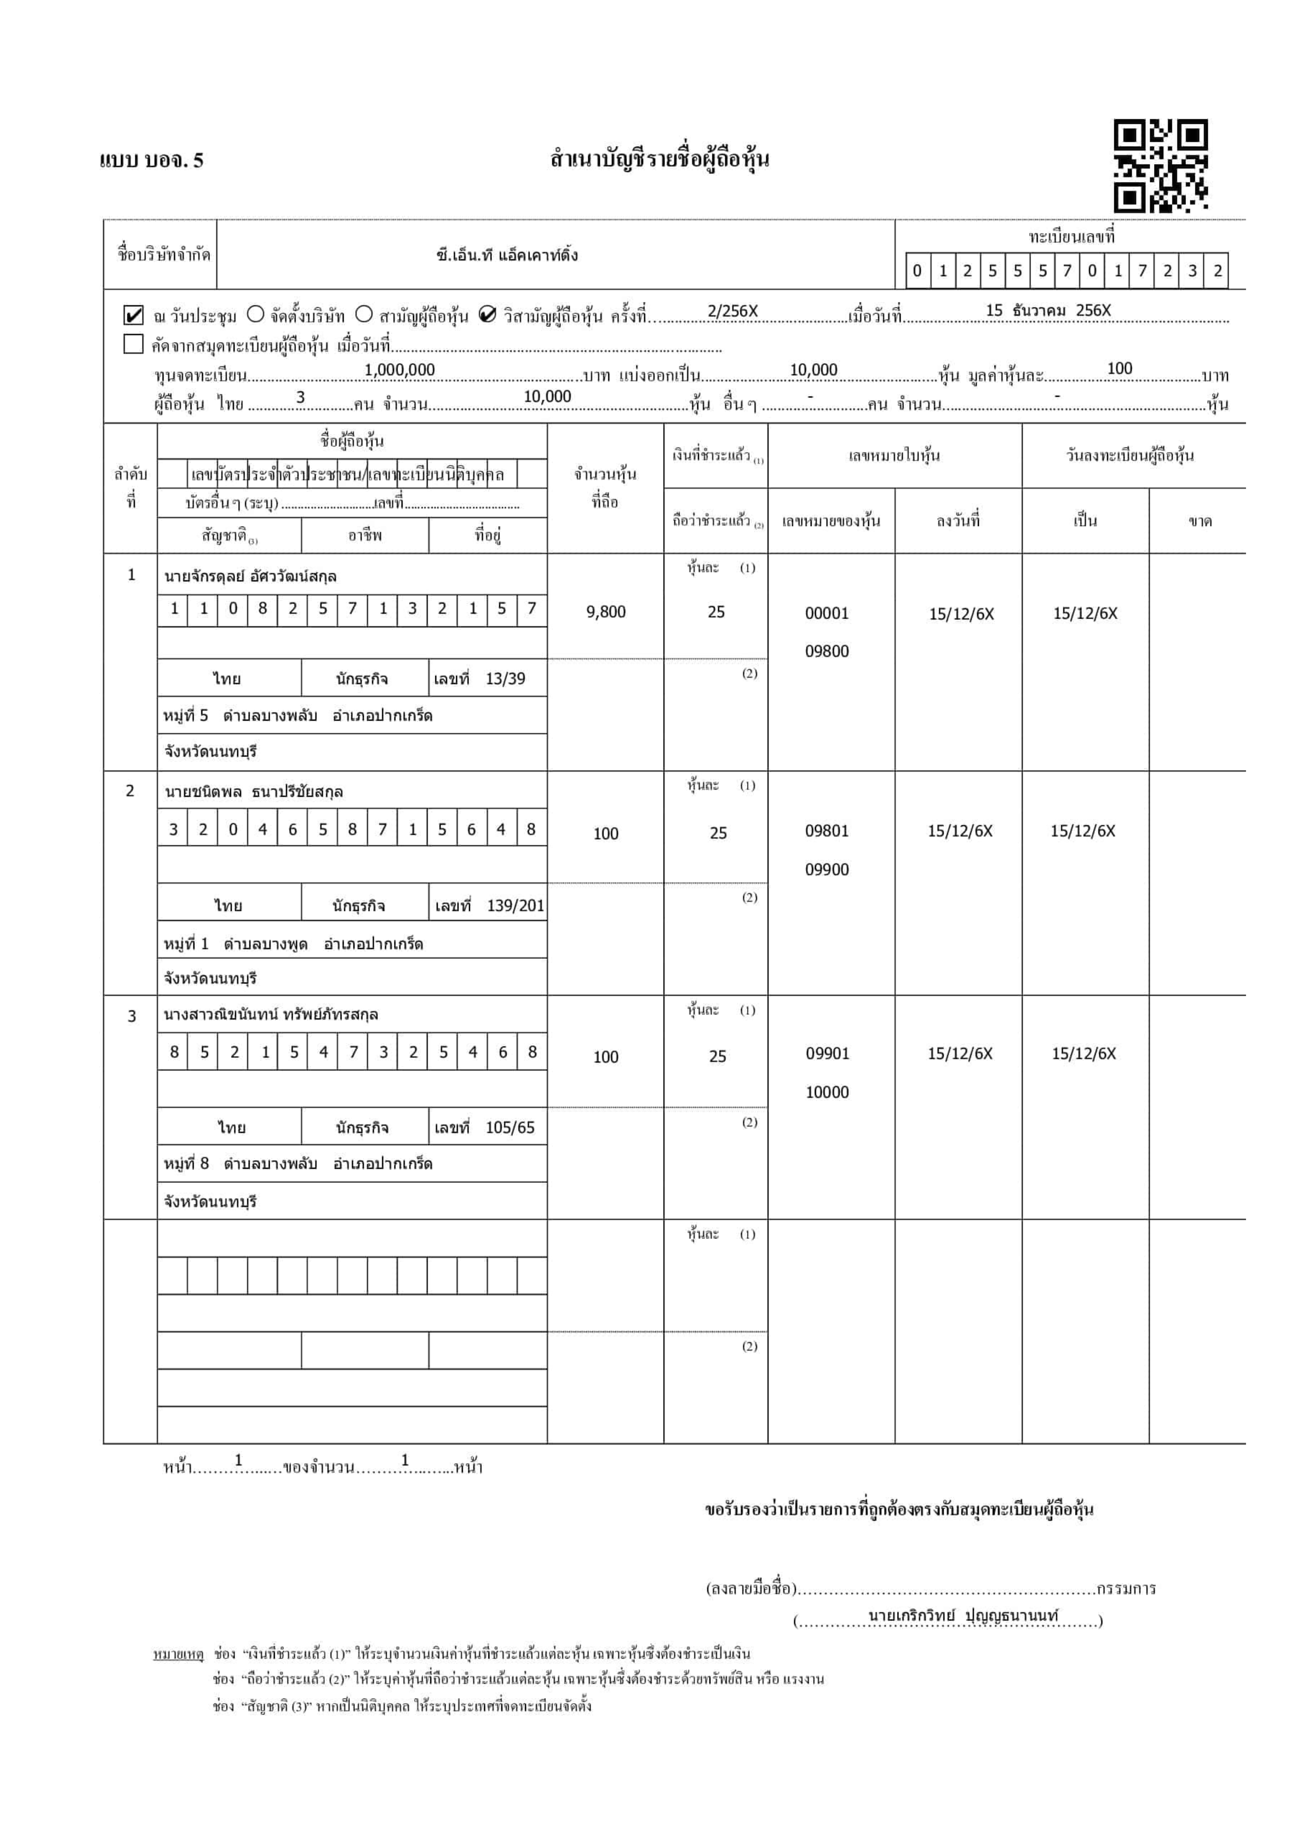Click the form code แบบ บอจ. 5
point(152,161)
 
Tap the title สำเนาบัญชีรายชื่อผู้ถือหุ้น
point(659,159)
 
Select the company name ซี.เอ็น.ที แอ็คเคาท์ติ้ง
point(507,256)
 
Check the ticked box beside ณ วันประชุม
point(133,314)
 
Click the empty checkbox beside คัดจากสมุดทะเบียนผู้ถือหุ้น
point(133,344)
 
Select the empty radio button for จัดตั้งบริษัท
point(256,314)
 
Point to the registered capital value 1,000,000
point(400,370)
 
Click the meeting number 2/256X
point(732,311)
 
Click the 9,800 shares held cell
point(605,612)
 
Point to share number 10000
point(827,1092)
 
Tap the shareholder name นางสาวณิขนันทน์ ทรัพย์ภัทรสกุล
point(271,1015)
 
